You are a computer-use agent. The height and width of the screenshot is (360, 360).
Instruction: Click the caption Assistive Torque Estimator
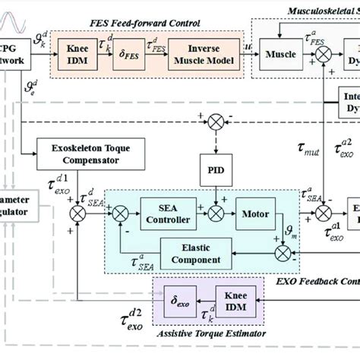click(x=208, y=343)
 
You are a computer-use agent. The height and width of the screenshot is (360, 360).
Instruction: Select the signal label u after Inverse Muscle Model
click(x=251, y=46)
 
